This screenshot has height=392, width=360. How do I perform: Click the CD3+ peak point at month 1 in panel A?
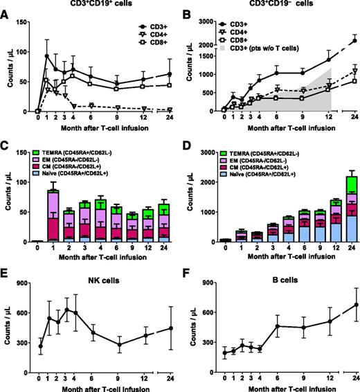click(x=47, y=56)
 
